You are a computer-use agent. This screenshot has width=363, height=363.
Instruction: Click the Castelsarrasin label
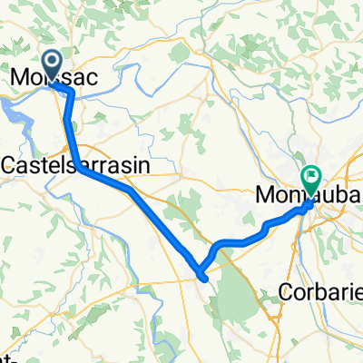tap(76, 164)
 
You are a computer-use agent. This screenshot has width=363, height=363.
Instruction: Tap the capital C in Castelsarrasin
tap(12, 164)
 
